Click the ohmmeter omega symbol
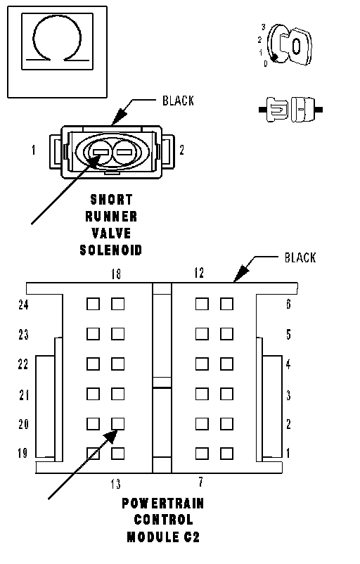(x=35, y=36)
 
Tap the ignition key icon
(x=290, y=45)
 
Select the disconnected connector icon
(x=290, y=109)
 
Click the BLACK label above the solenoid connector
(x=178, y=101)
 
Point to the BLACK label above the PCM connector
(x=300, y=257)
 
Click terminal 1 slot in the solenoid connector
(x=101, y=152)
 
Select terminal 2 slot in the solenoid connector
(x=124, y=152)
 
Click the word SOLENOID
(x=111, y=250)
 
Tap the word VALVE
(x=111, y=233)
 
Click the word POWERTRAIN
(x=163, y=504)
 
